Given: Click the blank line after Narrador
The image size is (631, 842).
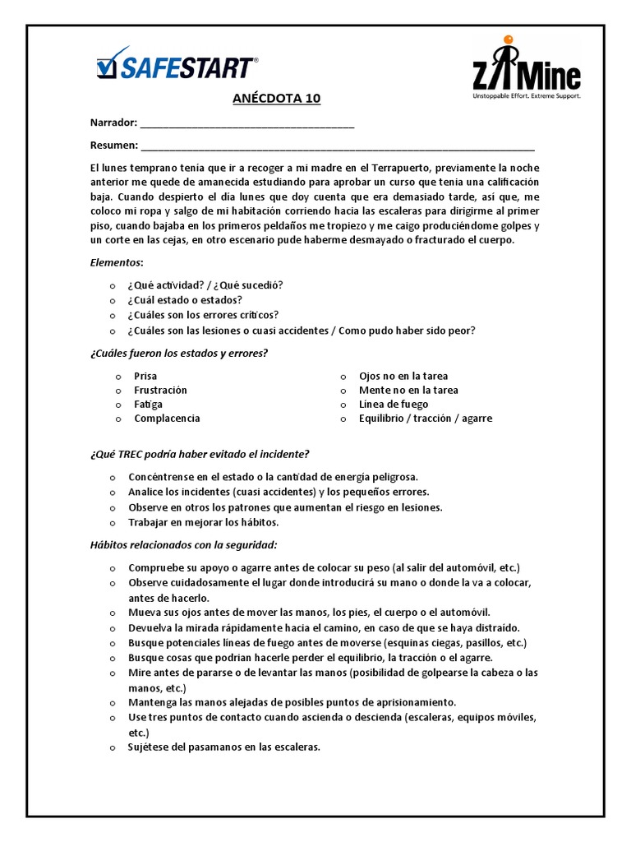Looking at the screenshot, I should click(x=247, y=125).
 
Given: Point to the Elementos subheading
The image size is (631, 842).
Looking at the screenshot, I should click(x=117, y=262).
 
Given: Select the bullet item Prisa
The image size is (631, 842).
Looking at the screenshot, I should click(x=145, y=376).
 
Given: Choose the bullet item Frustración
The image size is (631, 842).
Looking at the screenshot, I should click(x=160, y=390).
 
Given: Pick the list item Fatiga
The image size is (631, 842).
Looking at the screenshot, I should click(x=148, y=404).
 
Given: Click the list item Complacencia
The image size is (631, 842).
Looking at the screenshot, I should click(x=167, y=418).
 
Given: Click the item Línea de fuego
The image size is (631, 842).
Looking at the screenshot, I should click(x=394, y=404).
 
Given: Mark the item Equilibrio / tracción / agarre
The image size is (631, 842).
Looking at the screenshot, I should click(x=426, y=418).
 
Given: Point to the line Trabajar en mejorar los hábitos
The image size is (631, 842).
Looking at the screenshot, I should click(x=204, y=522).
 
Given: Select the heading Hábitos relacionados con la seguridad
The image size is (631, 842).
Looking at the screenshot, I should click(x=183, y=544).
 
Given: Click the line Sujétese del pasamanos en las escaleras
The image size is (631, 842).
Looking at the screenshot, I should click(x=223, y=747).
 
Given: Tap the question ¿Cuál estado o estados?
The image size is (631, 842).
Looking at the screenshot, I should click(x=185, y=300).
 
